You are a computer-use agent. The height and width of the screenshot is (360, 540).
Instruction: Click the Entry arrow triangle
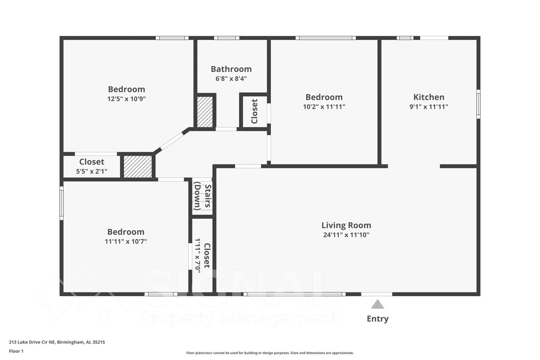[377, 304]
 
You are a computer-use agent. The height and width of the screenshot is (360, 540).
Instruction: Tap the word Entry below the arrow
[377, 319]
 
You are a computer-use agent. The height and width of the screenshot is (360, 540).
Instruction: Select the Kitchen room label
[429, 97]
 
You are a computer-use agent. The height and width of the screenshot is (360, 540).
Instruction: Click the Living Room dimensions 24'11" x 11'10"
[346, 235]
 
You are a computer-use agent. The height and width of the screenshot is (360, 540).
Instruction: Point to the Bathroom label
[231, 69]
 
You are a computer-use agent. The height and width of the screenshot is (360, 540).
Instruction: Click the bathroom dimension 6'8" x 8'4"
[231, 79]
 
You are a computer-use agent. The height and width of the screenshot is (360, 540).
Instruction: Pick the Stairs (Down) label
[202, 196]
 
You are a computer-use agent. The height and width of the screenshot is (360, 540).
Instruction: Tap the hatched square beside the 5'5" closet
[138, 166]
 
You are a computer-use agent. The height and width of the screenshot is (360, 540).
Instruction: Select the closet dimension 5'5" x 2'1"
[91, 171]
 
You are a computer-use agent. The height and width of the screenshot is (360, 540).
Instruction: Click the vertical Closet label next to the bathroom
[254, 111]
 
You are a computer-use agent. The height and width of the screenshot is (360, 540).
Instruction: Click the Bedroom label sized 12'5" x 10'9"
[127, 89]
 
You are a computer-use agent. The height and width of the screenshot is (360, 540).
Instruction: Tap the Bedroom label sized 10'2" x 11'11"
[324, 97]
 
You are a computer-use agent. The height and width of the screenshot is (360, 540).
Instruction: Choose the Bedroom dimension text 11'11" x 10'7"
[126, 241]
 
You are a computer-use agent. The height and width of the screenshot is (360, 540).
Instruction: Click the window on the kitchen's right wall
[478, 104]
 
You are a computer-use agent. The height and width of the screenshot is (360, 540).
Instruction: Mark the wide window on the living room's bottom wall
[294, 294]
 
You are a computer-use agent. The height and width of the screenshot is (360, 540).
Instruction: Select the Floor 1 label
[16, 351]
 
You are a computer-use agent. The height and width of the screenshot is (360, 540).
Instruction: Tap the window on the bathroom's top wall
[226, 38]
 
